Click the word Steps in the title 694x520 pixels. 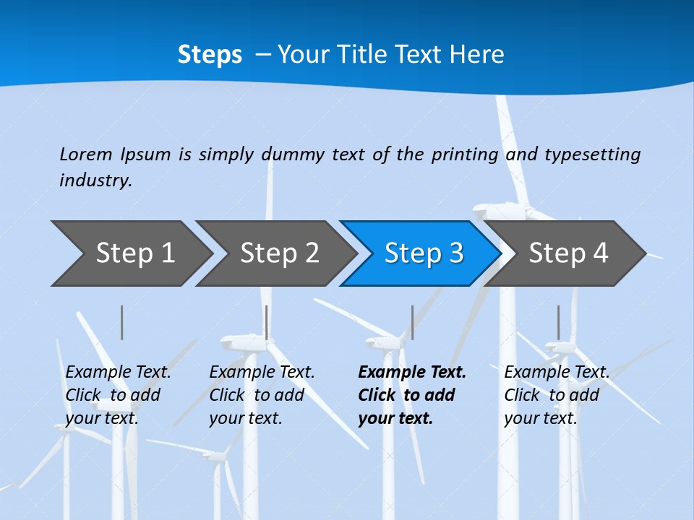(210, 55)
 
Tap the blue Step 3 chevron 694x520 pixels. (424, 253)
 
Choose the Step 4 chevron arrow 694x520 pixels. (568, 253)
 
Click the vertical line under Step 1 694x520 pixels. (122, 322)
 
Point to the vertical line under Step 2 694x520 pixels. (267, 322)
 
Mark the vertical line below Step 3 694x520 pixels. (412, 322)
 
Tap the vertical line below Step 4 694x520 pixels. (558, 322)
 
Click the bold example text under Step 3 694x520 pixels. (411, 395)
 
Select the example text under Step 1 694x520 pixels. (118, 395)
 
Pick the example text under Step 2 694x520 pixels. (262, 395)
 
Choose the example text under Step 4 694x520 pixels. (557, 395)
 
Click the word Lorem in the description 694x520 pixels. (86, 154)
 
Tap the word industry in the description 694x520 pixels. (95, 181)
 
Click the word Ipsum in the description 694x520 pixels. (147, 155)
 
